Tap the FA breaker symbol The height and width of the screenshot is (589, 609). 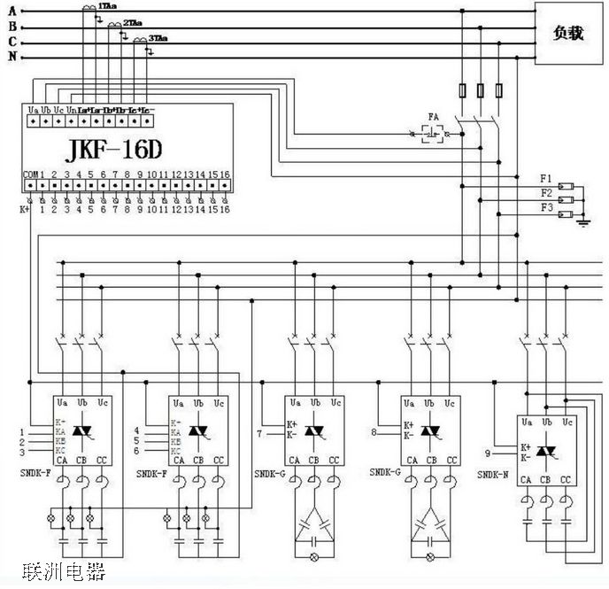[433, 134]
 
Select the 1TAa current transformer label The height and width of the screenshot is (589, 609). [111, 6]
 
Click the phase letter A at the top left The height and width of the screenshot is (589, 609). [11, 11]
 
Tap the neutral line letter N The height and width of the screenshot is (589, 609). [11, 58]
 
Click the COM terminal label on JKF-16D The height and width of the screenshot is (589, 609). [29, 174]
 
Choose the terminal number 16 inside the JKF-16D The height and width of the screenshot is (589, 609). [225, 174]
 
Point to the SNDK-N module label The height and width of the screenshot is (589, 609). [493, 476]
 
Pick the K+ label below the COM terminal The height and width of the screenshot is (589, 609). [25, 210]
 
